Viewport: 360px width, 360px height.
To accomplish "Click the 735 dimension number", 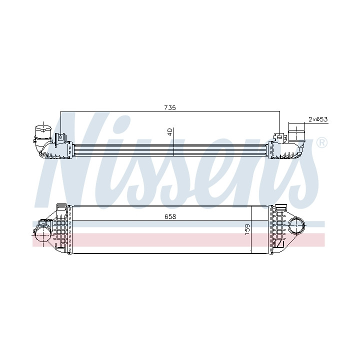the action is [x=170, y=107].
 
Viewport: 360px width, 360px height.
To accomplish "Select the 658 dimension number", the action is [x=170, y=216].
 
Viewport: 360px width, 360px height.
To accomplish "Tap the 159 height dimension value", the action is [x=247, y=229].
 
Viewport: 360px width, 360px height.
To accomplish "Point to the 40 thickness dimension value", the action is [x=170, y=132].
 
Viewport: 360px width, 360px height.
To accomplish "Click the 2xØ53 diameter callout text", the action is [x=318, y=119].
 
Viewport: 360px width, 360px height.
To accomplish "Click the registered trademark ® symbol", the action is [x=322, y=143].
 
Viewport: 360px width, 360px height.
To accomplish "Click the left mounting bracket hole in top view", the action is [x=61, y=137].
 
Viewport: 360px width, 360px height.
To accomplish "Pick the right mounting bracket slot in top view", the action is [x=279, y=137].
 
